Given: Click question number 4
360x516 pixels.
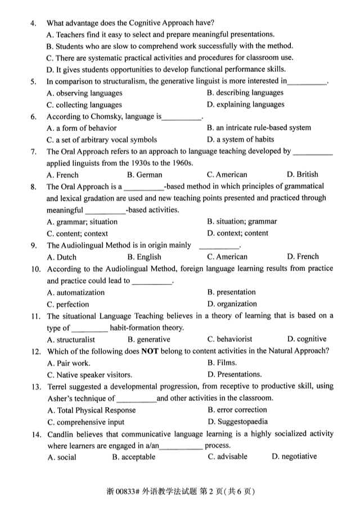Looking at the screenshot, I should (33, 23).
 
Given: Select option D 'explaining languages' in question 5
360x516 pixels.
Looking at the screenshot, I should (245, 104).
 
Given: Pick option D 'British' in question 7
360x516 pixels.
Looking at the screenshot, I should (302, 174).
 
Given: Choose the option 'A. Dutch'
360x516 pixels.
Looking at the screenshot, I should (62, 257).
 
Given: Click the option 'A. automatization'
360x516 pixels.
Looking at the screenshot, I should (76, 292).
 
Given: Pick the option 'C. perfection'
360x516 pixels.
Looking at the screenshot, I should (68, 304).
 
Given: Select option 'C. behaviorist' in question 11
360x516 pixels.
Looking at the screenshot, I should (229, 339).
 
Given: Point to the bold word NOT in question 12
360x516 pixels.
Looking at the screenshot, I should (150, 351).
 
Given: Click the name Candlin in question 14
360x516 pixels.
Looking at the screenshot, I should (61, 433).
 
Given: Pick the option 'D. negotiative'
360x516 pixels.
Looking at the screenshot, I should (294, 456).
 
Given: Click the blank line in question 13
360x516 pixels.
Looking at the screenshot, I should (136, 399).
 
